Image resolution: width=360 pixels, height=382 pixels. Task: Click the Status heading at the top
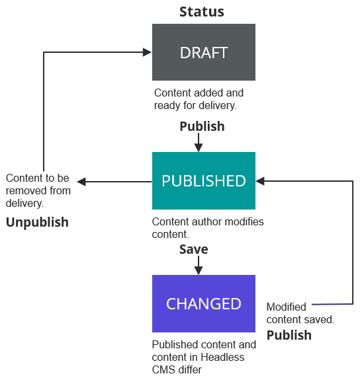tap(202, 12)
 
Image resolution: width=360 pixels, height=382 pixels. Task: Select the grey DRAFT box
tap(204, 53)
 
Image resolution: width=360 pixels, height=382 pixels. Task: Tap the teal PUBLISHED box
tap(204, 181)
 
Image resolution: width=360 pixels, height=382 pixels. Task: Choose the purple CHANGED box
tap(204, 304)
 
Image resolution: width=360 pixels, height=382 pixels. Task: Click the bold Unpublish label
tap(37, 222)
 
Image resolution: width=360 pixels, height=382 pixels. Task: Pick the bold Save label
tap(194, 249)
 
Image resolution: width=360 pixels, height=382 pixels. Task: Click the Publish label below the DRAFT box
tap(202, 126)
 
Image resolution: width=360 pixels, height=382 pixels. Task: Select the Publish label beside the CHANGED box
tap(289, 335)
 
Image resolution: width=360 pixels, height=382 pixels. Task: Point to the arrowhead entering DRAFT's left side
tap(148, 52)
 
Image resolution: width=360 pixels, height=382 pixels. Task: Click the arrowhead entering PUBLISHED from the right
tap(260, 180)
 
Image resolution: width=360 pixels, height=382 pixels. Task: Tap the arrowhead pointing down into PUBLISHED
tap(198, 147)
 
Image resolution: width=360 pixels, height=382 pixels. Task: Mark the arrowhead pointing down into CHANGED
tap(198, 270)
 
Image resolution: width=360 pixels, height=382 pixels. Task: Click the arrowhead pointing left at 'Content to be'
tap(81, 181)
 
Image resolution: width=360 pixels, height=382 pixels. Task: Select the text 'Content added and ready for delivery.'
tap(199, 99)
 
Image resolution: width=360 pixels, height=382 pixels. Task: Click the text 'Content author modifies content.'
tap(208, 227)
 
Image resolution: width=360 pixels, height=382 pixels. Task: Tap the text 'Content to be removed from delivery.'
tap(38, 190)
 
